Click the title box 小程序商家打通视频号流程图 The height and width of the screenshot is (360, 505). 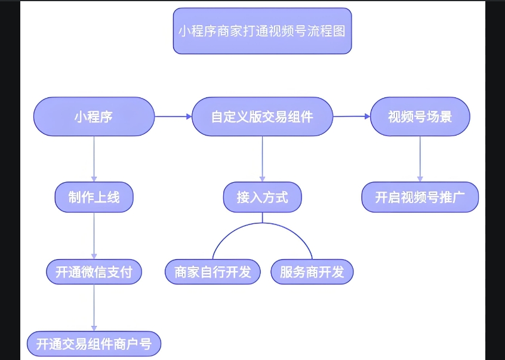[x=262, y=31]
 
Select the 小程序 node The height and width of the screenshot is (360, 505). [x=94, y=116]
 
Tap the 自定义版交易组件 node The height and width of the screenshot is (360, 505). [x=262, y=116]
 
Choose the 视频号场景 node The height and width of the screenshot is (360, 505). [x=420, y=116]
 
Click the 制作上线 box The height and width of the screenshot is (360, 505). [x=94, y=197]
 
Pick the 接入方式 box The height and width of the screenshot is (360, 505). [x=262, y=197]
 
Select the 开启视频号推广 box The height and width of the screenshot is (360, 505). [x=420, y=197]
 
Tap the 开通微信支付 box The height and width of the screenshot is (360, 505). [x=94, y=272]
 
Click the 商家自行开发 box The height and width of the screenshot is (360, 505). [x=213, y=272]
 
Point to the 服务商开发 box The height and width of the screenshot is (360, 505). [x=312, y=272]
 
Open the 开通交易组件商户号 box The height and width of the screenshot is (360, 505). [x=94, y=344]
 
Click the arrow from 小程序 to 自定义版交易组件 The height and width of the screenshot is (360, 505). [x=173, y=116]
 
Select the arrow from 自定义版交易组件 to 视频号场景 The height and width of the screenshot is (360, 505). [x=352, y=116]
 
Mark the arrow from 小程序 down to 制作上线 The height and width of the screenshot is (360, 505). [x=94, y=158]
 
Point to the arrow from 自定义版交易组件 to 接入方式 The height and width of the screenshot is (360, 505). [x=262, y=158]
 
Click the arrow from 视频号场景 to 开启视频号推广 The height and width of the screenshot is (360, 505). [x=420, y=158]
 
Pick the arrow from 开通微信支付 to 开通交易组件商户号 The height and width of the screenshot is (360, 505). [x=94, y=307]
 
